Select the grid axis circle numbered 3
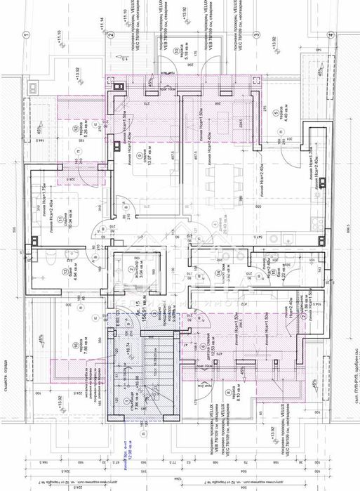pyautogui.click(x=258, y=33)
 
